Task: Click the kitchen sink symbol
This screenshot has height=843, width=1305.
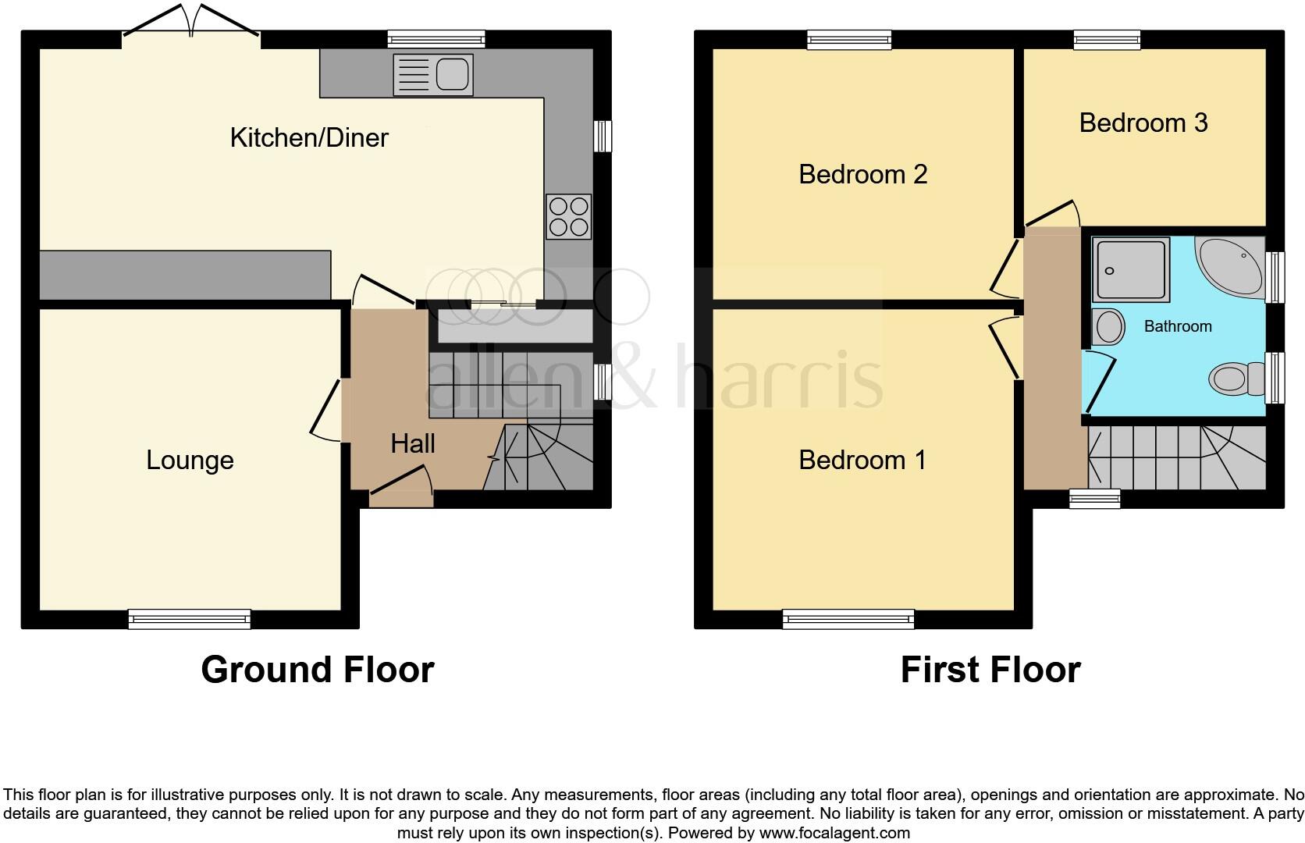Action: [x=433, y=75]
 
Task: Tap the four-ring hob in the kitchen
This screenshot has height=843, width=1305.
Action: [x=569, y=217]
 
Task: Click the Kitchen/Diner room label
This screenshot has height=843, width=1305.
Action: [x=309, y=138]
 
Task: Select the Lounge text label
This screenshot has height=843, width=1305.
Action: [x=190, y=461]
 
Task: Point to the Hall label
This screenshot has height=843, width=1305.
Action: [x=412, y=444]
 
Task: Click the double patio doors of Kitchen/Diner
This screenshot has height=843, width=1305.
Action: [x=191, y=22]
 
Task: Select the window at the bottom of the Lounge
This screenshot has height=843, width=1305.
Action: [x=190, y=619]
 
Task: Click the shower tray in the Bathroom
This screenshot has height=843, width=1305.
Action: [x=1132, y=269]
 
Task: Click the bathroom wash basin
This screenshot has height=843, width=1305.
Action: [x=1108, y=326]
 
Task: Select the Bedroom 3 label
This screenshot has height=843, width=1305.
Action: [x=1143, y=123]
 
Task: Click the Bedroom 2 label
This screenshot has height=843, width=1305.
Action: [x=862, y=174]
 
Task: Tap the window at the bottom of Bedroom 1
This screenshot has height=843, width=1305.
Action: [x=848, y=619]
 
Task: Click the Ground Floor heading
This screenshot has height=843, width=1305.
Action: [x=317, y=670]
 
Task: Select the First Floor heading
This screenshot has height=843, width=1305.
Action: [x=990, y=670]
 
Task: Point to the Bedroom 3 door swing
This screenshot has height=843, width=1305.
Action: [x=1054, y=213]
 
